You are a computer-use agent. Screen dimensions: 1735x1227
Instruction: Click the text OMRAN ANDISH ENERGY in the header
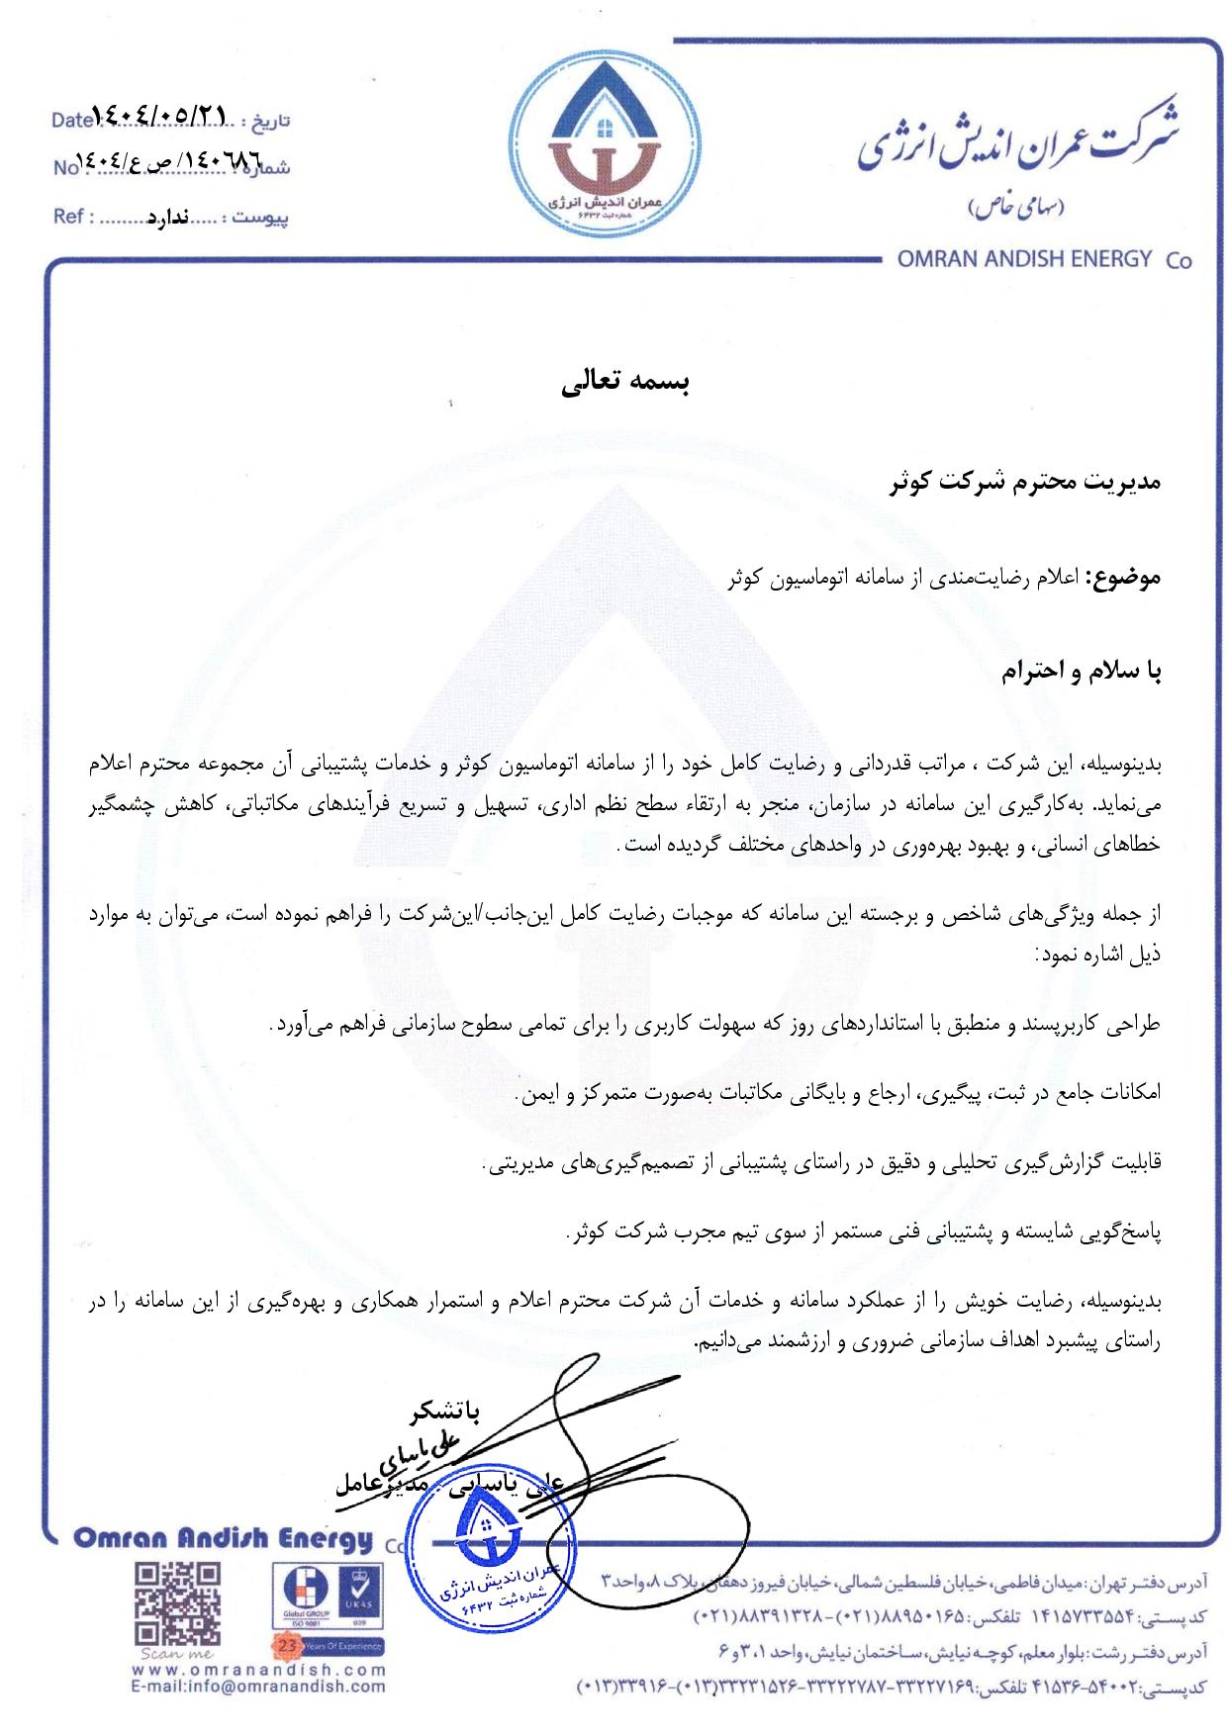(x=1023, y=259)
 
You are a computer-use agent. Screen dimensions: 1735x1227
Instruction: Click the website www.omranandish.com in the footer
(x=258, y=1698)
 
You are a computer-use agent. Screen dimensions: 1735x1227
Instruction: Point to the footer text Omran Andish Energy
(x=224, y=1540)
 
